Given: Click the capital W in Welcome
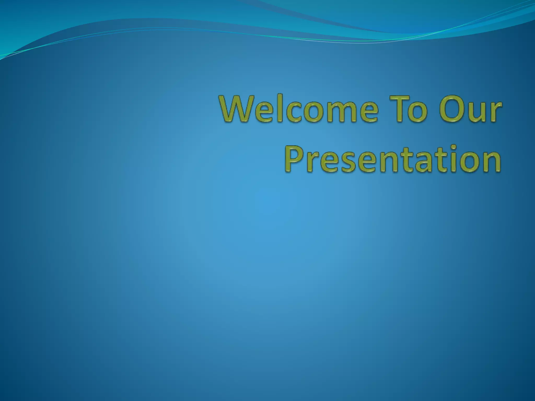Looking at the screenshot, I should point(236,108).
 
